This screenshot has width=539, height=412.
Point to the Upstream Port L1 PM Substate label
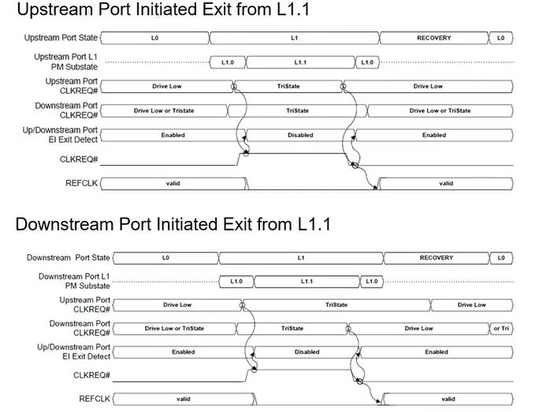(x=66, y=62)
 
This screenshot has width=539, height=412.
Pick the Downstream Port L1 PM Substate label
(x=74, y=281)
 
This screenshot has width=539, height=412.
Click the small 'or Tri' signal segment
(x=501, y=328)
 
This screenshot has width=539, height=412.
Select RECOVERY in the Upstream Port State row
(x=433, y=37)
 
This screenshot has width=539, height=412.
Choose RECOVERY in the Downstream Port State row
(x=436, y=257)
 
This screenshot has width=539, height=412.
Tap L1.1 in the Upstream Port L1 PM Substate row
(x=300, y=62)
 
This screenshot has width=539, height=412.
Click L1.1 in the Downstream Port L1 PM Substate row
(x=308, y=281)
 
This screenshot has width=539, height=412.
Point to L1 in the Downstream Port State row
(x=301, y=257)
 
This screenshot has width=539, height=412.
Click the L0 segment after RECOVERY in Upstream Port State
(x=500, y=37)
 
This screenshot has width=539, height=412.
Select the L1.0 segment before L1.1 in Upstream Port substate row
(x=228, y=62)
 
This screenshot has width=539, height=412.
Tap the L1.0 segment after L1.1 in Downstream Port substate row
(x=372, y=281)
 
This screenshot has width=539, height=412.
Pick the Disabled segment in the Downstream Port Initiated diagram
(x=307, y=352)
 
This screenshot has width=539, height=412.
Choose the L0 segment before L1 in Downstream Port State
(x=165, y=257)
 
